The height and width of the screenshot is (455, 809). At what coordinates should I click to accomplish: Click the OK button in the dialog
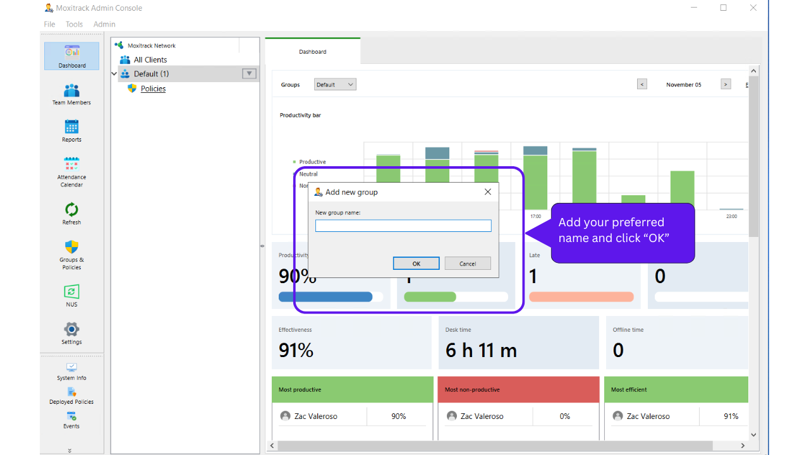tap(416, 264)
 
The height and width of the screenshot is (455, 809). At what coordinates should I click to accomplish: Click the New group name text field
tap(403, 226)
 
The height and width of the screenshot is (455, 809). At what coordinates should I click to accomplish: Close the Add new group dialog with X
tap(487, 192)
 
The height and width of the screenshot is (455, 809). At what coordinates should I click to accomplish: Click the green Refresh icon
tap(71, 210)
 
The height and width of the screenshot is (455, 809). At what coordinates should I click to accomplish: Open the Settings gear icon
tap(71, 329)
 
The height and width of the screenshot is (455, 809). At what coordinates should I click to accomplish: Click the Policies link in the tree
tap(153, 89)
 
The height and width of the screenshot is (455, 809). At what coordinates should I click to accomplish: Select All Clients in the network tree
tap(150, 60)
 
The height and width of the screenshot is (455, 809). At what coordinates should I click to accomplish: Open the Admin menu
tap(104, 25)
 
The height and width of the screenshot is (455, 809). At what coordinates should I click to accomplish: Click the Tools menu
tap(74, 25)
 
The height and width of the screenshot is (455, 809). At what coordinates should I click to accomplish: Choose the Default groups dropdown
tap(335, 85)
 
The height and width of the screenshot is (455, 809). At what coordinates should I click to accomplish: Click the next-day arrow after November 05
tap(726, 85)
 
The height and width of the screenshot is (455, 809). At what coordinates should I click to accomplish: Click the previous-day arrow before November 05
tap(642, 85)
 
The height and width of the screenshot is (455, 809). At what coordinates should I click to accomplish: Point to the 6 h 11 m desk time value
tap(481, 350)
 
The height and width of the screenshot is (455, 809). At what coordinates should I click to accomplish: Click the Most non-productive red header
tap(518, 390)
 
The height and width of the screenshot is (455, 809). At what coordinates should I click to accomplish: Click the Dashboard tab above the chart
tap(313, 52)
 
